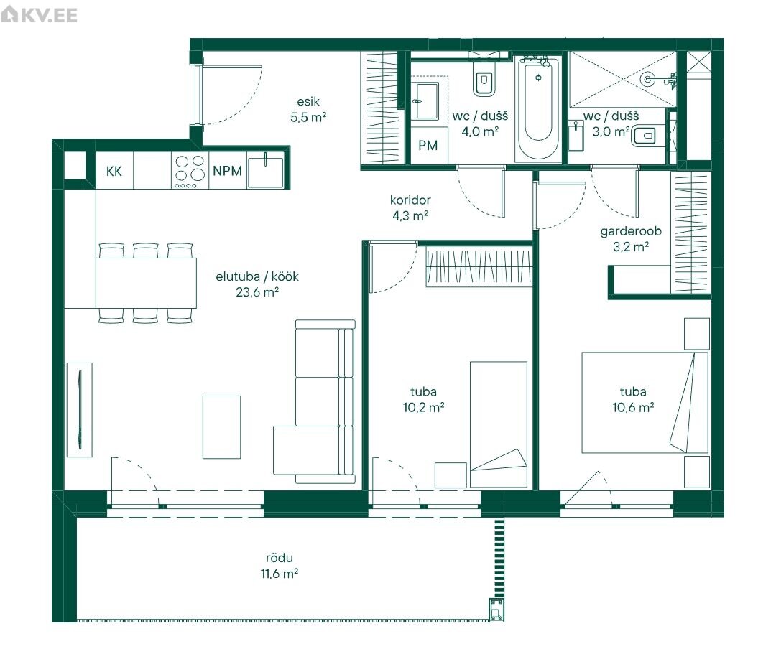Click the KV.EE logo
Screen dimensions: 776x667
click(39, 15)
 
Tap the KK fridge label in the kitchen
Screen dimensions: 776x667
click(114, 171)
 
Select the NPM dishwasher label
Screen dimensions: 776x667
click(227, 171)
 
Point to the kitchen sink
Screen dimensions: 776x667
click(266, 171)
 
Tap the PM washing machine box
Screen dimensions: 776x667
click(428, 145)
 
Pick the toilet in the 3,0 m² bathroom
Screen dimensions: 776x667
click(643, 136)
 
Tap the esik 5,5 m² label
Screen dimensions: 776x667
click(308, 109)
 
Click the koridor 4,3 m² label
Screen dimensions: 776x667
click(410, 207)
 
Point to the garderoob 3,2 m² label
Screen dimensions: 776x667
click(631, 239)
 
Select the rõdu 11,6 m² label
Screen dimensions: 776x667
click(280, 566)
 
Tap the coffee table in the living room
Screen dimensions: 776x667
click(222, 426)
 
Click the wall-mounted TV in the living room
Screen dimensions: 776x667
click(79, 410)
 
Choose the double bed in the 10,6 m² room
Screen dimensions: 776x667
click(645, 403)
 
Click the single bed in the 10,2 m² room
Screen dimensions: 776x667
click(499, 424)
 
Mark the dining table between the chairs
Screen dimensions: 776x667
click(146, 284)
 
